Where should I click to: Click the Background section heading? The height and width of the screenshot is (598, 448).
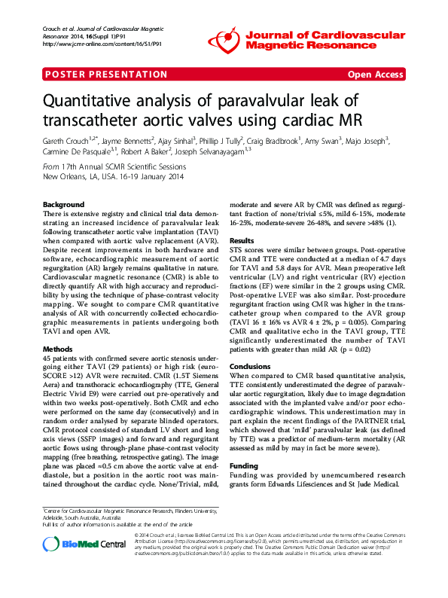click(x=63, y=205)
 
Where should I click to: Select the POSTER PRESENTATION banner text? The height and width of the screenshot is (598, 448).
click(x=107, y=75)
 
